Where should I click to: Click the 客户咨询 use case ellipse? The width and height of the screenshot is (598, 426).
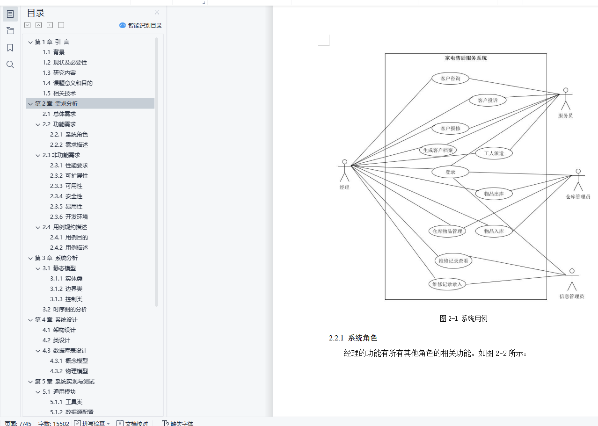pos(450,79)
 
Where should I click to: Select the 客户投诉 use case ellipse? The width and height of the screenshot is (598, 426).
pos(487,100)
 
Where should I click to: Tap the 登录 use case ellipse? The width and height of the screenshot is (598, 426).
pos(450,172)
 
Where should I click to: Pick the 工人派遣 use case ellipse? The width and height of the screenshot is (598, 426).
pos(494,153)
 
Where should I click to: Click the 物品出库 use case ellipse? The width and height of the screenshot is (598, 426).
pos(494,194)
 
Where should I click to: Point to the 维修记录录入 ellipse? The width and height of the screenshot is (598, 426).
pos(447,284)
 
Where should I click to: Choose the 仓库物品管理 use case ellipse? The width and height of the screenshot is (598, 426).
pos(447,231)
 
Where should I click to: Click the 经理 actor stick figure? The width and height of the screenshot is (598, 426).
pos(345,171)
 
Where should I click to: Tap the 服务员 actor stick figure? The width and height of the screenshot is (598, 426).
pos(565,99)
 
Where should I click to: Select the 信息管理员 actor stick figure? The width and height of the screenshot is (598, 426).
pos(571,280)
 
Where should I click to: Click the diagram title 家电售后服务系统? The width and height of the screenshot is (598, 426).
pos(466,58)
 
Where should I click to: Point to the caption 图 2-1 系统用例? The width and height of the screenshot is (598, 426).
pos(464,318)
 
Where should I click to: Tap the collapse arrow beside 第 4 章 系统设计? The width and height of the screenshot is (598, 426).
pos(30,320)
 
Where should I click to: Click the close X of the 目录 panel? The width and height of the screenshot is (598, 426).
pos(157,13)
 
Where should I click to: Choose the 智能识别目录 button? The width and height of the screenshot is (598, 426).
pos(141,26)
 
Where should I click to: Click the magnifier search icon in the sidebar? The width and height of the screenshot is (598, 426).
pos(10,65)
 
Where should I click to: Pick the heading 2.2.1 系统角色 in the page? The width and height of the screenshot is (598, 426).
pos(353,338)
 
